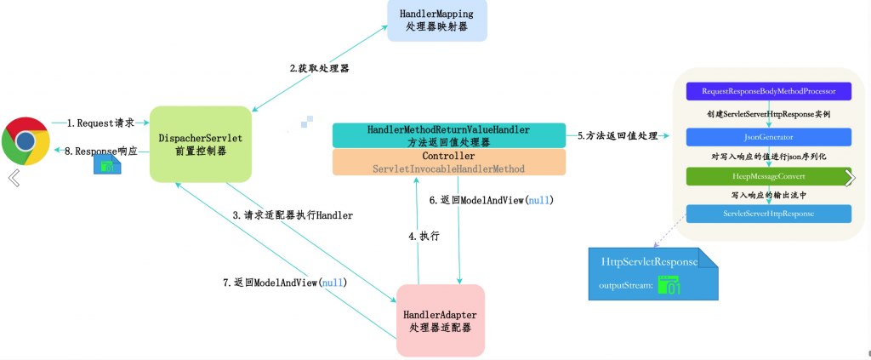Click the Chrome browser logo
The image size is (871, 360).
click(x=26, y=141)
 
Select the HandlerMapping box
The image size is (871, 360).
click(x=436, y=20)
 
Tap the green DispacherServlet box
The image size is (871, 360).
click(x=201, y=144)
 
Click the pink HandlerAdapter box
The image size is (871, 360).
click(x=441, y=321)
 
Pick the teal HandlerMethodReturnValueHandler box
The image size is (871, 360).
click(x=449, y=135)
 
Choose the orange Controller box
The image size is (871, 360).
click(x=449, y=163)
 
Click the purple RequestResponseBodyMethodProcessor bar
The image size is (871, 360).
click(x=769, y=91)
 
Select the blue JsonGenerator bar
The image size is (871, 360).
click(x=769, y=137)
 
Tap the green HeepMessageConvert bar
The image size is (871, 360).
click(x=769, y=176)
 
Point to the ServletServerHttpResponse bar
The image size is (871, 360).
click(x=769, y=214)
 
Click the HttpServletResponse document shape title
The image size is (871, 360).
click(x=649, y=262)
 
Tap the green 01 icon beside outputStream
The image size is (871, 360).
click(x=669, y=284)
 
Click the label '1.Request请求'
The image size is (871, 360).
click(x=100, y=123)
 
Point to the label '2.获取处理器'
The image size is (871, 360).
click(x=320, y=69)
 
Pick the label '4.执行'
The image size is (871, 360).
click(x=424, y=236)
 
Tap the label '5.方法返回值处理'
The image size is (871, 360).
click(x=618, y=135)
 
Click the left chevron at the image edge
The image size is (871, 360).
click(x=14, y=178)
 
